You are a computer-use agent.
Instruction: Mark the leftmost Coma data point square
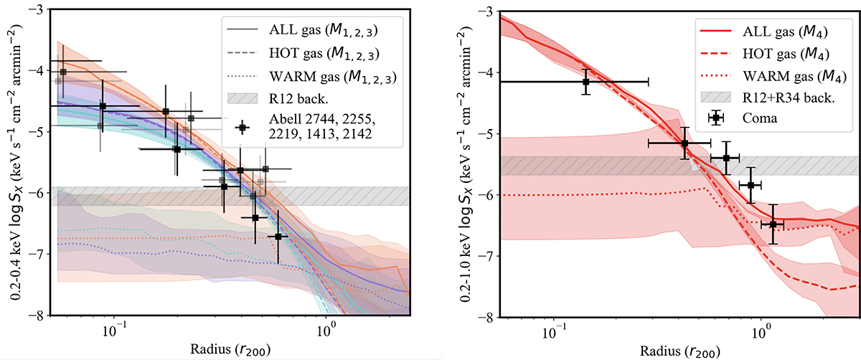coord(586,82)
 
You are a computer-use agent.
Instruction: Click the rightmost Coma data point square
coord(773,224)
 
